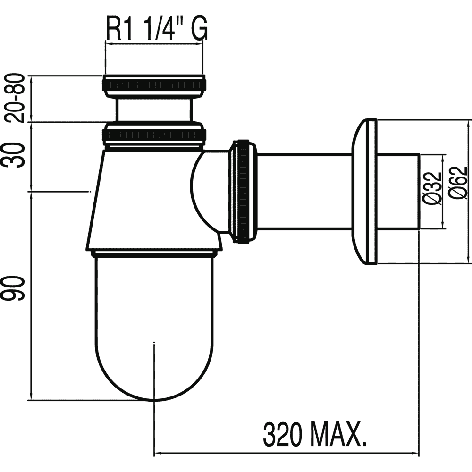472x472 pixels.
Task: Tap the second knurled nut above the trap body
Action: (x=155, y=135)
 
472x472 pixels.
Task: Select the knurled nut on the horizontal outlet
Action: (x=243, y=191)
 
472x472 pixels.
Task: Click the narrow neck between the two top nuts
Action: (x=153, y=110)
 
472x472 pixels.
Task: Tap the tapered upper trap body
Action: (x=144, y=199)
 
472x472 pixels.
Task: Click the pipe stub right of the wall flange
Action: (x=398, y=192)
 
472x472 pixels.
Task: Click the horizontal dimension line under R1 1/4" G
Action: (x=154, y=44)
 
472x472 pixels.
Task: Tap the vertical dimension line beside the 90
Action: (x=31, y=295)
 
